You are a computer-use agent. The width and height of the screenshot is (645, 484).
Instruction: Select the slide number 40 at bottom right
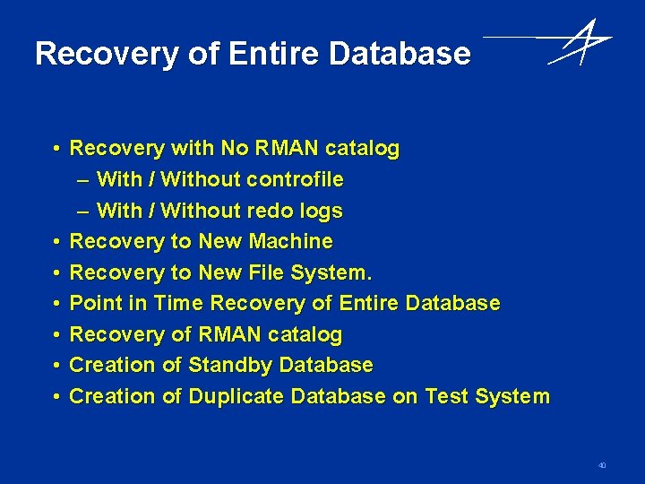point(602,465)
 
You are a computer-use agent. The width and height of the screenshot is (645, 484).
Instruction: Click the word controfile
point(295,179)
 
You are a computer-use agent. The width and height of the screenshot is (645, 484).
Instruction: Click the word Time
point(178,303)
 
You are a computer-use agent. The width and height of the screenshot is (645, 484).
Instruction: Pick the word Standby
point(230,365)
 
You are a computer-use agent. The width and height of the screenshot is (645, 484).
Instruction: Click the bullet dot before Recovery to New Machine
point(56,242)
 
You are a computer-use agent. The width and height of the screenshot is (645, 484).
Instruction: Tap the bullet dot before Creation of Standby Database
point(56,366)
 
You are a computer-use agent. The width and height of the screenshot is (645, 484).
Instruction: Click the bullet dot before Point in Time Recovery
point(56,304)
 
